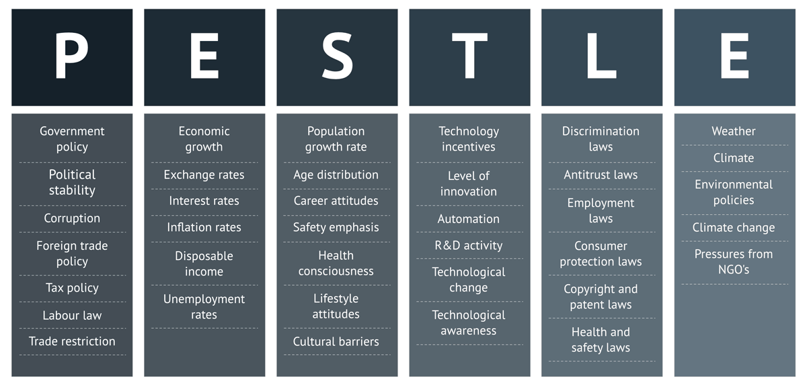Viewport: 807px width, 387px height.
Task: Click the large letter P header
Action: tap(71, 56)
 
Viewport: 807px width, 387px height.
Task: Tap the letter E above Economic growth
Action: tap(204, 56)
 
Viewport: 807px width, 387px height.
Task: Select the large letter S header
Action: tap(337, 56)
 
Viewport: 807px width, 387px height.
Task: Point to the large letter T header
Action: tap(469, 56)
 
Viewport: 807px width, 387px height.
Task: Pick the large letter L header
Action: tap(602, 56)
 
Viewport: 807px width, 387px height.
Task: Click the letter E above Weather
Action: tap(734, 56)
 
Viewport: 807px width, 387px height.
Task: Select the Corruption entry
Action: tap(72, 218)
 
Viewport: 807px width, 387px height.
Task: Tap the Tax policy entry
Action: tap(72, 288)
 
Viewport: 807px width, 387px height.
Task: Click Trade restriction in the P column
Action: tap(72, 341)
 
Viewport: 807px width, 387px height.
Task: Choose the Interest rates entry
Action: tap(204, 201)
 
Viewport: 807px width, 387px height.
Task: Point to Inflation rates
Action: tap(204, 228)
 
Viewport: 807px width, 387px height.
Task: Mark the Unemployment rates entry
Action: tap(204, 307)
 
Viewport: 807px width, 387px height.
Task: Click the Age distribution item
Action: tap(336, 175)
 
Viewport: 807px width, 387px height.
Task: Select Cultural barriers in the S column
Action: tap(336, 341)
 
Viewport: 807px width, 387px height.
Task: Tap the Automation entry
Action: tap(468, 219)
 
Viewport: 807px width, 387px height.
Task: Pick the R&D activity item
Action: tap(468, 245)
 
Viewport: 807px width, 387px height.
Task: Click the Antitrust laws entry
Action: tap(601, 175)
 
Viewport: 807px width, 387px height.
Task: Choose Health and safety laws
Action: tap(601, 340)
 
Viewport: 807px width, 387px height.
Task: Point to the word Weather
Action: tap(734, 131)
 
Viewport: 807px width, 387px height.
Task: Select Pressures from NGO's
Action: tap(734, 262)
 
